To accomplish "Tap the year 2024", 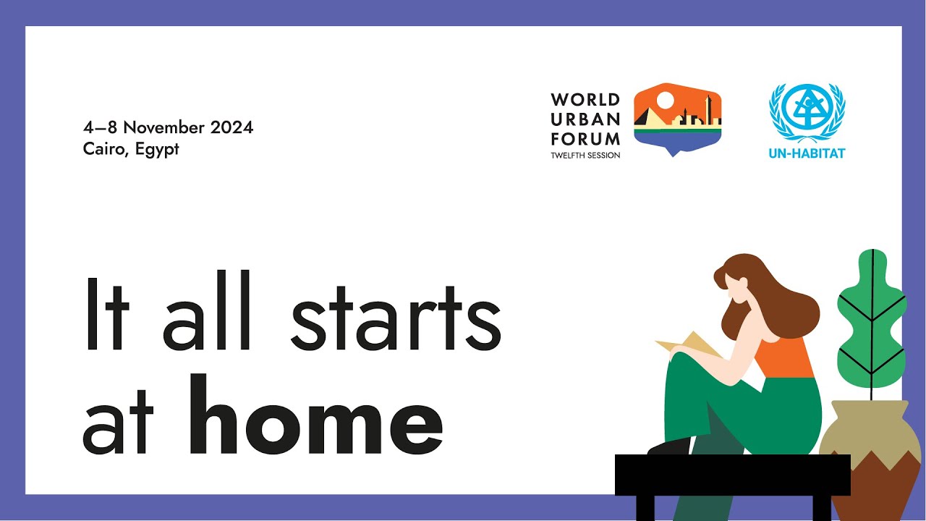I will coord(231,127).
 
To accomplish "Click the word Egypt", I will coord(157,150).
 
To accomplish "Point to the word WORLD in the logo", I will coord(585,100).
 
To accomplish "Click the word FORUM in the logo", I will coord(585,137).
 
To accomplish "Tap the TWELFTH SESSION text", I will coord(585,155).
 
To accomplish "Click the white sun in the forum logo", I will coord(665,101).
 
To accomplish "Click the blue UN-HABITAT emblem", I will coord(807,113).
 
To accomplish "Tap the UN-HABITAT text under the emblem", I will coord(807,153).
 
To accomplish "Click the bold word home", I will coord(315,416).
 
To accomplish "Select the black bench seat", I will coord(732,475).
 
